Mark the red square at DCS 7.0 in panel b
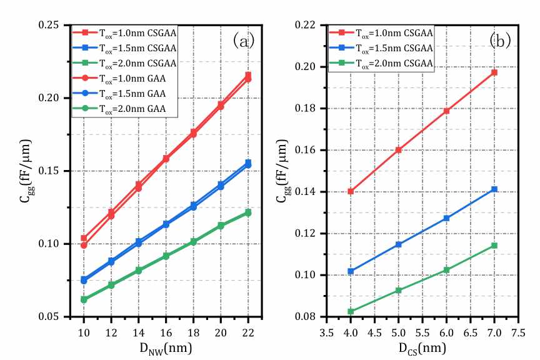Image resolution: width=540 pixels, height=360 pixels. click(x=494, y=72)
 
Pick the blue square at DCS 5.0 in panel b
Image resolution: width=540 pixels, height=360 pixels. click(x=398, y=244)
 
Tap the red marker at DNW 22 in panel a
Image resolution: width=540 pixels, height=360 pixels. click(x=248, y=76)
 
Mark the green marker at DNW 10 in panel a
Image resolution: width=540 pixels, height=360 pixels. click(x=84, y=300)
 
